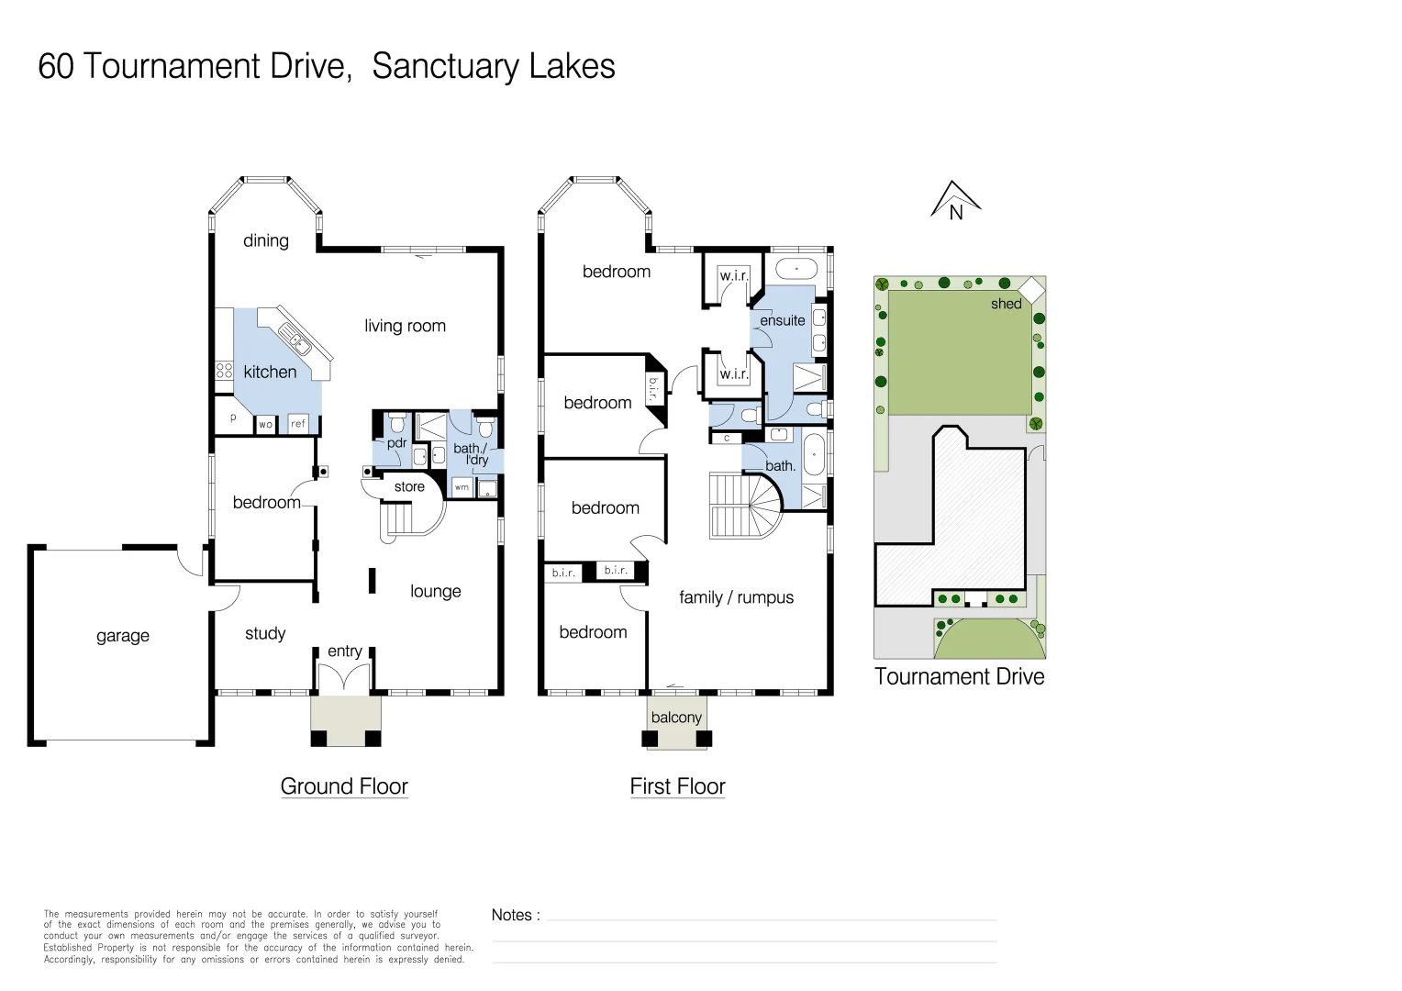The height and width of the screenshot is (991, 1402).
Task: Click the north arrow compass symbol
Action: click(x=956, y=200)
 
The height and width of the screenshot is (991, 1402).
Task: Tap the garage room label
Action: click(x=122, y=636)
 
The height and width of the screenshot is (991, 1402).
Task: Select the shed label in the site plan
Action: click(x=1006, y=304)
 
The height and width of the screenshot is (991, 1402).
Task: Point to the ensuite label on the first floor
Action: click(x=782, y=320)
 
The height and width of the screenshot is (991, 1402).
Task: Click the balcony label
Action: click(x=676, y=718)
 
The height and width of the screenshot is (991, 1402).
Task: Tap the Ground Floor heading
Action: click(x=344, y=786)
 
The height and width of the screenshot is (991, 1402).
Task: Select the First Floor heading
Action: click(x=677, y=786)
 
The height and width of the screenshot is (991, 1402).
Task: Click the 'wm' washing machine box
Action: click(x=462, y=487)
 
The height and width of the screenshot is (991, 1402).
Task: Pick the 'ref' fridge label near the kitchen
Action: click(x=298, y=424)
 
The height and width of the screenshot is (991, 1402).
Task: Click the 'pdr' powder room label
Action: click(x=396, y=443)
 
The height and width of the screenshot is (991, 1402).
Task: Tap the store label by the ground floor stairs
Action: click(x=409, y=487)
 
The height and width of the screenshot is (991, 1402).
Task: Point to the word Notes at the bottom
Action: click(x=511, y=915)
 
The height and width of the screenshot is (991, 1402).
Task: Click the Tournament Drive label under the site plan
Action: click(x=959, y=677)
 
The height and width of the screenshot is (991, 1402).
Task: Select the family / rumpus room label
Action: click(x=736, y=597)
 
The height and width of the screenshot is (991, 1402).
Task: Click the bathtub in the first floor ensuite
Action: click(x=797, y=269)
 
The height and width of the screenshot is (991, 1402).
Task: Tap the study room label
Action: click(x=265, y=633)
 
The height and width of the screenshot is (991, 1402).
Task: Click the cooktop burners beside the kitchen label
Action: click(x=224, y=371)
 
